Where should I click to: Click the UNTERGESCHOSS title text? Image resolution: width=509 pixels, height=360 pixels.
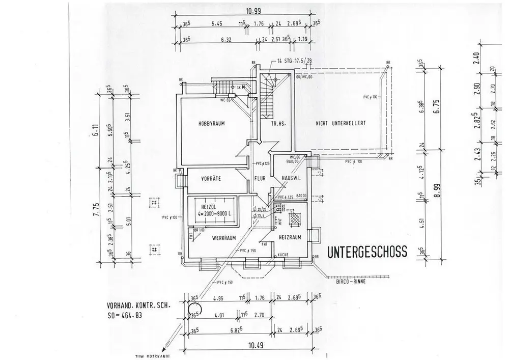click(366, 251)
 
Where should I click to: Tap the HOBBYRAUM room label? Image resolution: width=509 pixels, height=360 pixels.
click(212, 124)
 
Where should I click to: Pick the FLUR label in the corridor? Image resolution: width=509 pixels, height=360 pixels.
click(261, 179)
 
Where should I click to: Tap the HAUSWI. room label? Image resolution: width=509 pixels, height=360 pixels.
click(289, 179)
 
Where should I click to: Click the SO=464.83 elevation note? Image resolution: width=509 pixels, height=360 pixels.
click(125, 316)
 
